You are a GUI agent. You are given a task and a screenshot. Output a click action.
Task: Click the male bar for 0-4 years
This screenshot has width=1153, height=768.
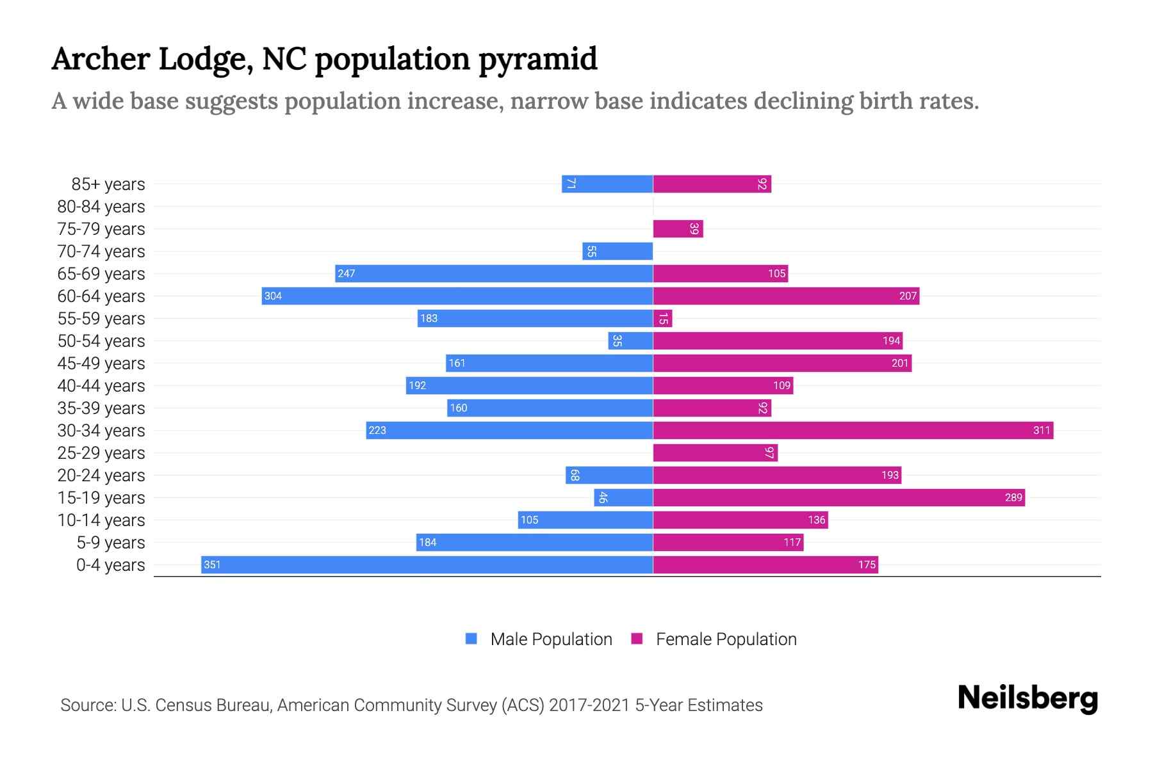(x=427, y=564)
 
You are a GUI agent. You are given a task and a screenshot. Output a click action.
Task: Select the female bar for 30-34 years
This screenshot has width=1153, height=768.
(x=853, y=430)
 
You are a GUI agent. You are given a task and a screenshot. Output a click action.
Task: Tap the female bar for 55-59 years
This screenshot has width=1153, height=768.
(x=662, y=318)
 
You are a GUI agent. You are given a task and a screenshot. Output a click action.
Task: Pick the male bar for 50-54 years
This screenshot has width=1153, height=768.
(x=630, y=340)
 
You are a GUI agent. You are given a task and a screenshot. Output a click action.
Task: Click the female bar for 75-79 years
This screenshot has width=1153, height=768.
(x=678, y=228)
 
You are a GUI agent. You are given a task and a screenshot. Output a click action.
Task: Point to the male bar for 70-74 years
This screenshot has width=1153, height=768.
(x=617, y=251)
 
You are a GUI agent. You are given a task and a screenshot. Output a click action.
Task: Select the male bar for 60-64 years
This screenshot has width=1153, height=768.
(x=457, y=296)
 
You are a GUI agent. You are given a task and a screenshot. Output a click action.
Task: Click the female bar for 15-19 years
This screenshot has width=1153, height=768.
(x=838, y=497)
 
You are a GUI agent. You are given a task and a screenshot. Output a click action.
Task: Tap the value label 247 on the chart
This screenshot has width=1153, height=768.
(x=346, y=273)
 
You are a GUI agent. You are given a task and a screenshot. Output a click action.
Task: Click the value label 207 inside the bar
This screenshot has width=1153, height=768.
(x=908, y=296)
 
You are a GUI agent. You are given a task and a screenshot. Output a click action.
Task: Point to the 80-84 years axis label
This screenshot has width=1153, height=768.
(x=101, y=207)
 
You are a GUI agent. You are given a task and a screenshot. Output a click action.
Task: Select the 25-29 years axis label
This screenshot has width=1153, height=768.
(x=101, y=453)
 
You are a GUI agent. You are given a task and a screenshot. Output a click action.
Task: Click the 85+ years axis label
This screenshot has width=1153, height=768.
(x=108, y=184)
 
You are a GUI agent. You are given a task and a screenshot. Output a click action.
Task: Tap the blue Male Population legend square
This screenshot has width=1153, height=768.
(x=471, y=639)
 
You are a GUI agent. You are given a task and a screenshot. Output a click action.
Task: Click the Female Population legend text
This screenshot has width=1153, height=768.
(x=726, y=639)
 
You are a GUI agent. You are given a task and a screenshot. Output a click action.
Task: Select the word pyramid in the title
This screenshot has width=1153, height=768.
(x=537, y=60)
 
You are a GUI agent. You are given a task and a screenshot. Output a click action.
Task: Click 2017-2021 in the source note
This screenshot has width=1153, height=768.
(x=589, y=705)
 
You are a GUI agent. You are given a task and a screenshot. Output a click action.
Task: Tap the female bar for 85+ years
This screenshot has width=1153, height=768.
(x=712, y=184)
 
